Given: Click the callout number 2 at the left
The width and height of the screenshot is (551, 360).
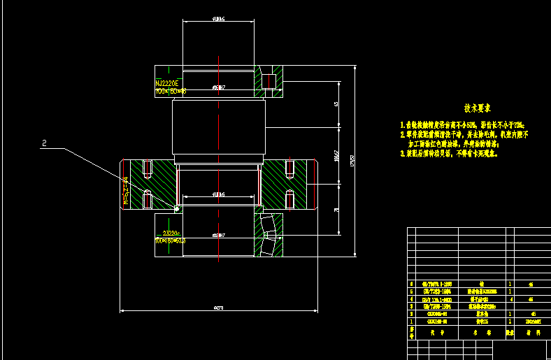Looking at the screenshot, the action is [45, 143].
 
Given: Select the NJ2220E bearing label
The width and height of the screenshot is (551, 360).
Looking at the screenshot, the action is [168, 83].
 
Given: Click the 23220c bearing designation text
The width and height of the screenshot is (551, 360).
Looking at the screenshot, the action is [171, 233].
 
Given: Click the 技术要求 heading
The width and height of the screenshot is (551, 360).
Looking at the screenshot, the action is [477, 108].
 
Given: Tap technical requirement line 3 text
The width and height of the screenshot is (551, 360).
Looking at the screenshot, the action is [448, 152].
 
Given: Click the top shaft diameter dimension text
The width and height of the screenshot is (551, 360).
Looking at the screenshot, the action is [218, 20].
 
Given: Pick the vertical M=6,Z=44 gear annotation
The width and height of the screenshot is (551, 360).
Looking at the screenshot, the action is [126, 190].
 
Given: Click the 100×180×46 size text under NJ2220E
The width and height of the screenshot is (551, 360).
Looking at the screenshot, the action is [170, 91].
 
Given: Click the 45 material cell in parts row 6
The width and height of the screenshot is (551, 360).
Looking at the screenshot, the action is [532, 285].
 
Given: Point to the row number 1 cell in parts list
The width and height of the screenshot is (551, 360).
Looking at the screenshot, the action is [412, 322].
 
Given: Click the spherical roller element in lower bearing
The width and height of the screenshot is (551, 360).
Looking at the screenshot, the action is [267, 226].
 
